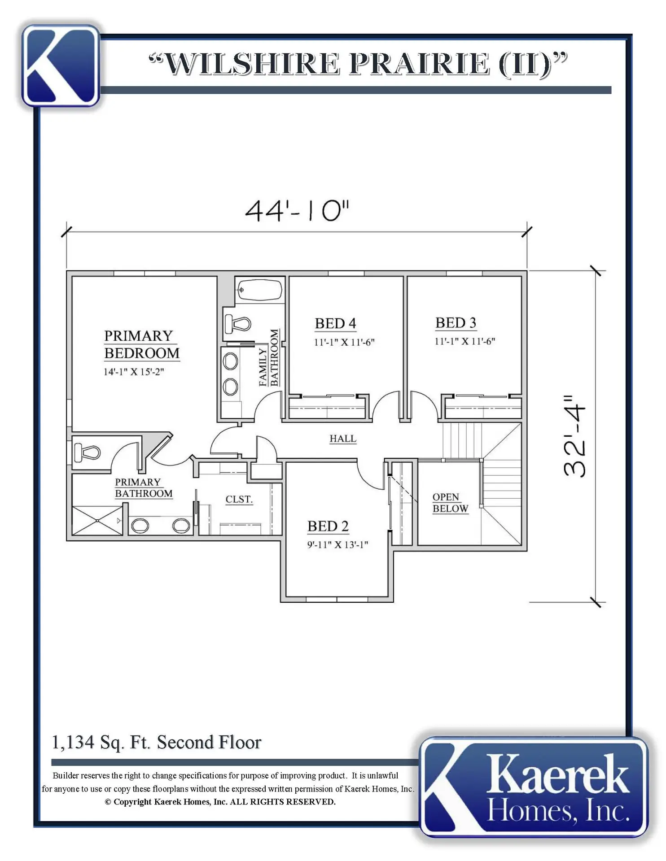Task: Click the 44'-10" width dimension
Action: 297,210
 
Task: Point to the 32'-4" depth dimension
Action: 575,436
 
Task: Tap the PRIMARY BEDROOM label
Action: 141,344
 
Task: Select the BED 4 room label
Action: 335,323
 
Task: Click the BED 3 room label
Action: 456,323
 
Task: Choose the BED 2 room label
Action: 328,526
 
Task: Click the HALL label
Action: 343,439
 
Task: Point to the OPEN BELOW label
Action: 450,503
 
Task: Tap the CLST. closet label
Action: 239,500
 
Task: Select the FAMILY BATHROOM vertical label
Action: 268,358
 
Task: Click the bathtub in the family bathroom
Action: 259,290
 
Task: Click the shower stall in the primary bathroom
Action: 97,520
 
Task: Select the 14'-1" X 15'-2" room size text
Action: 134,372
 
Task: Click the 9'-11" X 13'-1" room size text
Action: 337,545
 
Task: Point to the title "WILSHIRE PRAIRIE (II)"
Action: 358,64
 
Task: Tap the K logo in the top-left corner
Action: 61,66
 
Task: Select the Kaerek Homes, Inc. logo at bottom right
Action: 534,787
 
